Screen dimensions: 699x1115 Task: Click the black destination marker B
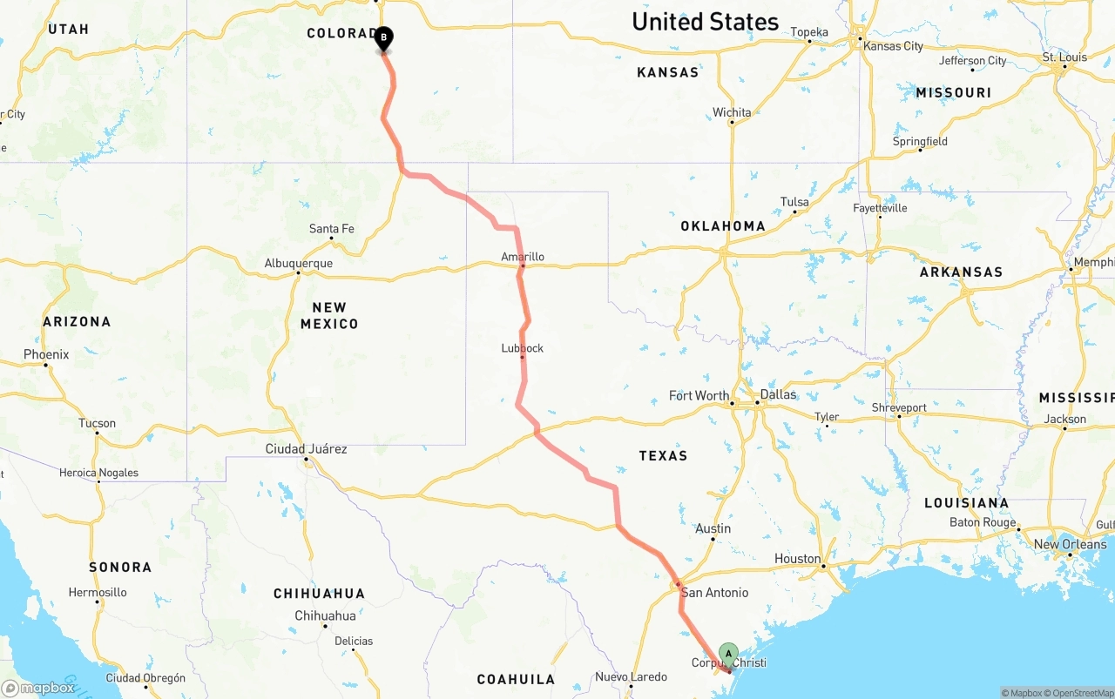coord(383,38)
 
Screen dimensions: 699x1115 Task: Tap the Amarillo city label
coord(523,257)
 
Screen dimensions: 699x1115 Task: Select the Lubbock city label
coord(523,348)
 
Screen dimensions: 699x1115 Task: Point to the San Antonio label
coord(714,593)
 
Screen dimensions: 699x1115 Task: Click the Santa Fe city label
coord(332,229)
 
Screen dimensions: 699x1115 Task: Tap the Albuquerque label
coord(299,263)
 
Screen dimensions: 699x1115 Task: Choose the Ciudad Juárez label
coord(307,449)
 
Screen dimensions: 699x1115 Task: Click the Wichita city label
coord(732,112)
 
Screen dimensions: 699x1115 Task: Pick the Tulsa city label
coord(794,202)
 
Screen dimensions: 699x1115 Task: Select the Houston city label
coord(798,559)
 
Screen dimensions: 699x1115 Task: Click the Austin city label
coord(713,528)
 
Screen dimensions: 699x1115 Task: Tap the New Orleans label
coord(1070,544)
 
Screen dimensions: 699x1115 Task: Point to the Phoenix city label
coord(46,354)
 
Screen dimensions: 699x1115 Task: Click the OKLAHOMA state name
coord(723,226)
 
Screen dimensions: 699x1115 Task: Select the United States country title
coord(705,22)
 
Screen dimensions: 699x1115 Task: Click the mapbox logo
coord(38,688)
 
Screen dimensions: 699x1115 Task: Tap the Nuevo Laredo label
coord(632,676)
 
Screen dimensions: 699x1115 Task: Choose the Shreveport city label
coord(899,407)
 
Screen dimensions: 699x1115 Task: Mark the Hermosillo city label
coord(98,592)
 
